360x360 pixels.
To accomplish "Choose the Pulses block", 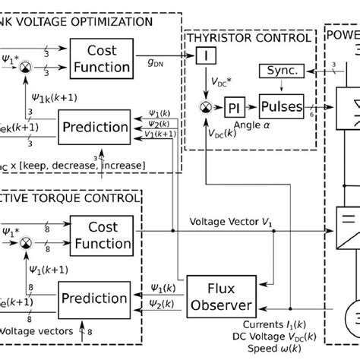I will tap(281, 107).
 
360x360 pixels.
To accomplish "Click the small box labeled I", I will tap(205, 55).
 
